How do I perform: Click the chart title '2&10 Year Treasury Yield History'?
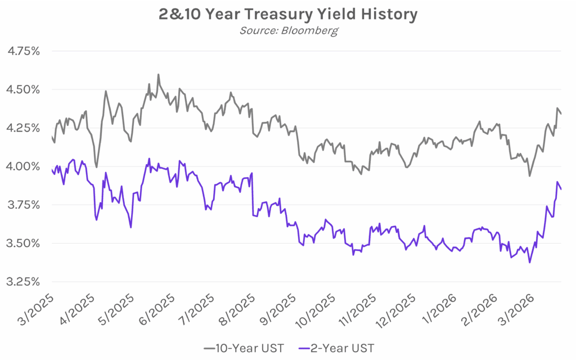point(287,14)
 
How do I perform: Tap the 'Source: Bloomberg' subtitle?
point(289,30)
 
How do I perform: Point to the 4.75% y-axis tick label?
point(23,51)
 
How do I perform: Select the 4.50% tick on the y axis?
point(23,89)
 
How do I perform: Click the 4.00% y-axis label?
point(23,166)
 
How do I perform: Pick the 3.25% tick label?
point(23,282)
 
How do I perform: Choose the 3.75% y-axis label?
point(23,205)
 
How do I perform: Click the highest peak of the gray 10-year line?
point(158,74)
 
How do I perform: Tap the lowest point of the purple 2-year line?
point(529,262)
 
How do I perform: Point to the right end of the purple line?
point(561,189)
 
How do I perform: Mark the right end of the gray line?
point(561,114)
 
